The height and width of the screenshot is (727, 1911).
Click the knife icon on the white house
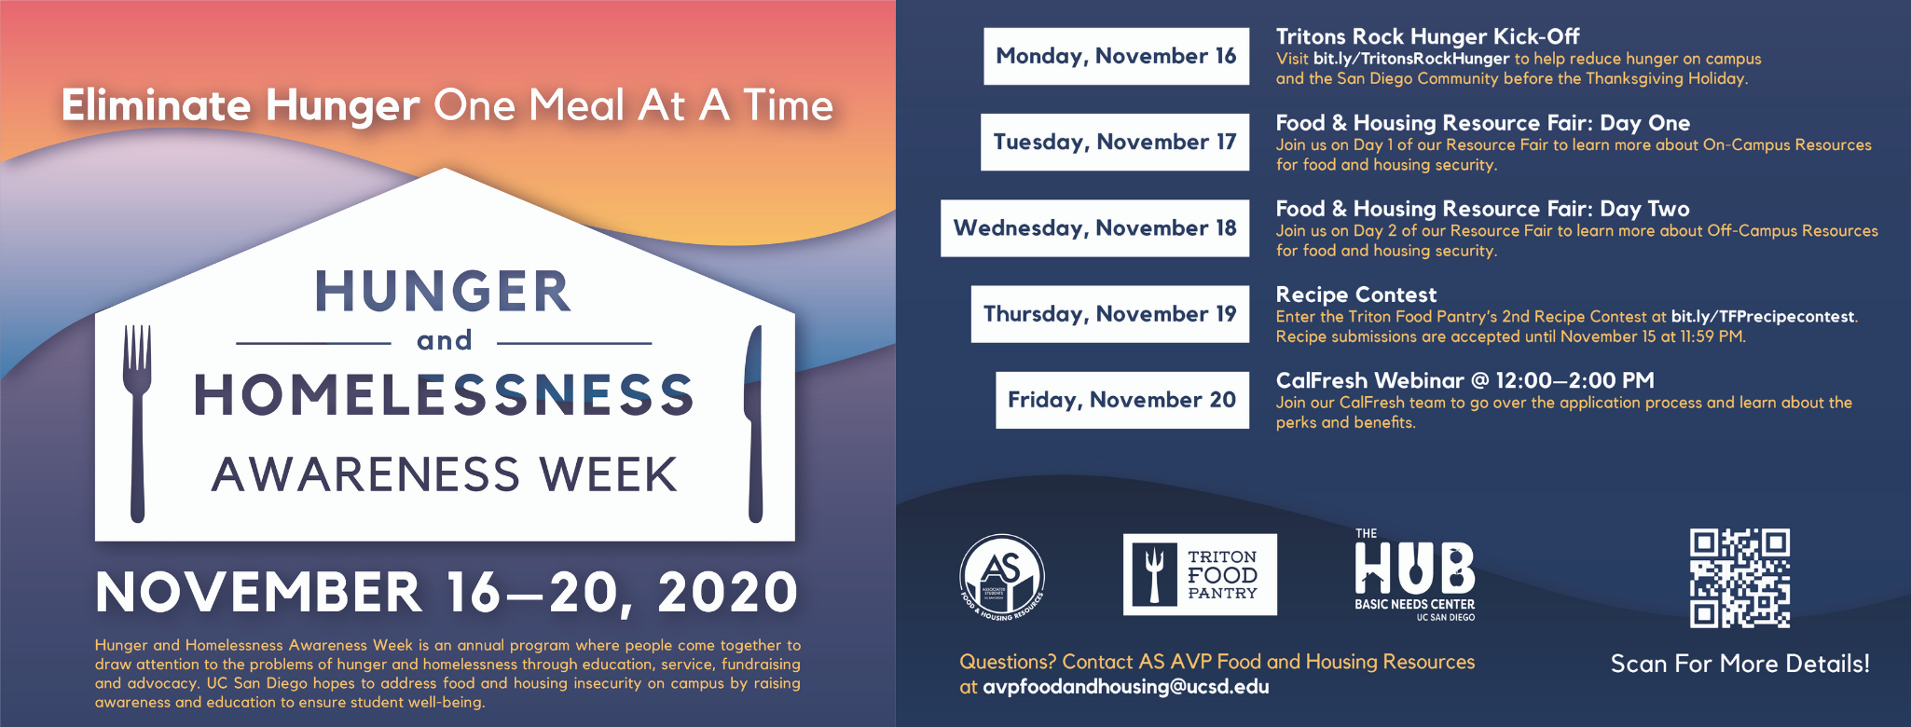tap(754, 422)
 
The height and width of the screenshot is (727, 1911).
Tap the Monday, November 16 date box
tap(1116, 56)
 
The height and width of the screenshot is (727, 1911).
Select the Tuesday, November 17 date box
tap(1115, 142)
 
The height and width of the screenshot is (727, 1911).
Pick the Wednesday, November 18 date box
tap(1094, 227)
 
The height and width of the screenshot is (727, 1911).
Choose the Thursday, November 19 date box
tap(1109, 314)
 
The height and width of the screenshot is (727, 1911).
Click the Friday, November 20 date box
tap(1122, 400)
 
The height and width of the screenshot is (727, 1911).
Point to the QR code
tap(1739, 578)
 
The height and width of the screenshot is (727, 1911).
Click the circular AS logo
tap(1002, 577)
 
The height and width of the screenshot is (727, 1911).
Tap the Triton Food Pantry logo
tap(1200, 574)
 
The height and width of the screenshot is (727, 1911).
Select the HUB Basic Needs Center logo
tap(1415, 575)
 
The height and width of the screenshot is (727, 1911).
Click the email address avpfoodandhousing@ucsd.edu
tap(1126, 687)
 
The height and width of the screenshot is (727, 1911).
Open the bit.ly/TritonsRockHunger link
tap(1411, 59)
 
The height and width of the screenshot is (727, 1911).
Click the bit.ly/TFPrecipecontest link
tap(1763, 317)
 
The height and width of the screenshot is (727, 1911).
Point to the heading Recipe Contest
tap(1356, 295)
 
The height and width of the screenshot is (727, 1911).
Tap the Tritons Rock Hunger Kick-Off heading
tap(1427, 36)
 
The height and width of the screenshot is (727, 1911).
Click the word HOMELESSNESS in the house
tap(445, 394)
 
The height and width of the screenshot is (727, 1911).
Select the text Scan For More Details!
tap(1740, 664)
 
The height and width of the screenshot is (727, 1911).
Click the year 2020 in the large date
tap(728, 592)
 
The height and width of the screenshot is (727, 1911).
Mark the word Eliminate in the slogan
tap(156, 104)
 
